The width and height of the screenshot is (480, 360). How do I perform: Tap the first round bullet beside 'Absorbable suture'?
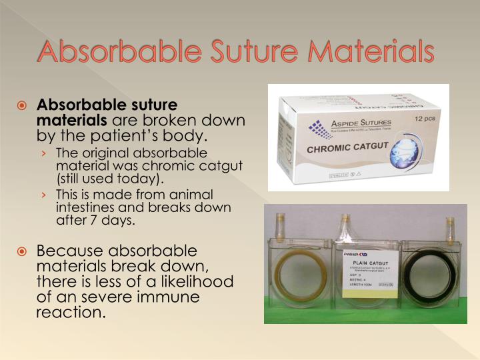23,105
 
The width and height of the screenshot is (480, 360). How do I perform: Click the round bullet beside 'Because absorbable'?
23,252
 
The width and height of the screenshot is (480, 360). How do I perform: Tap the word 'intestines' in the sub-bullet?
83,207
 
